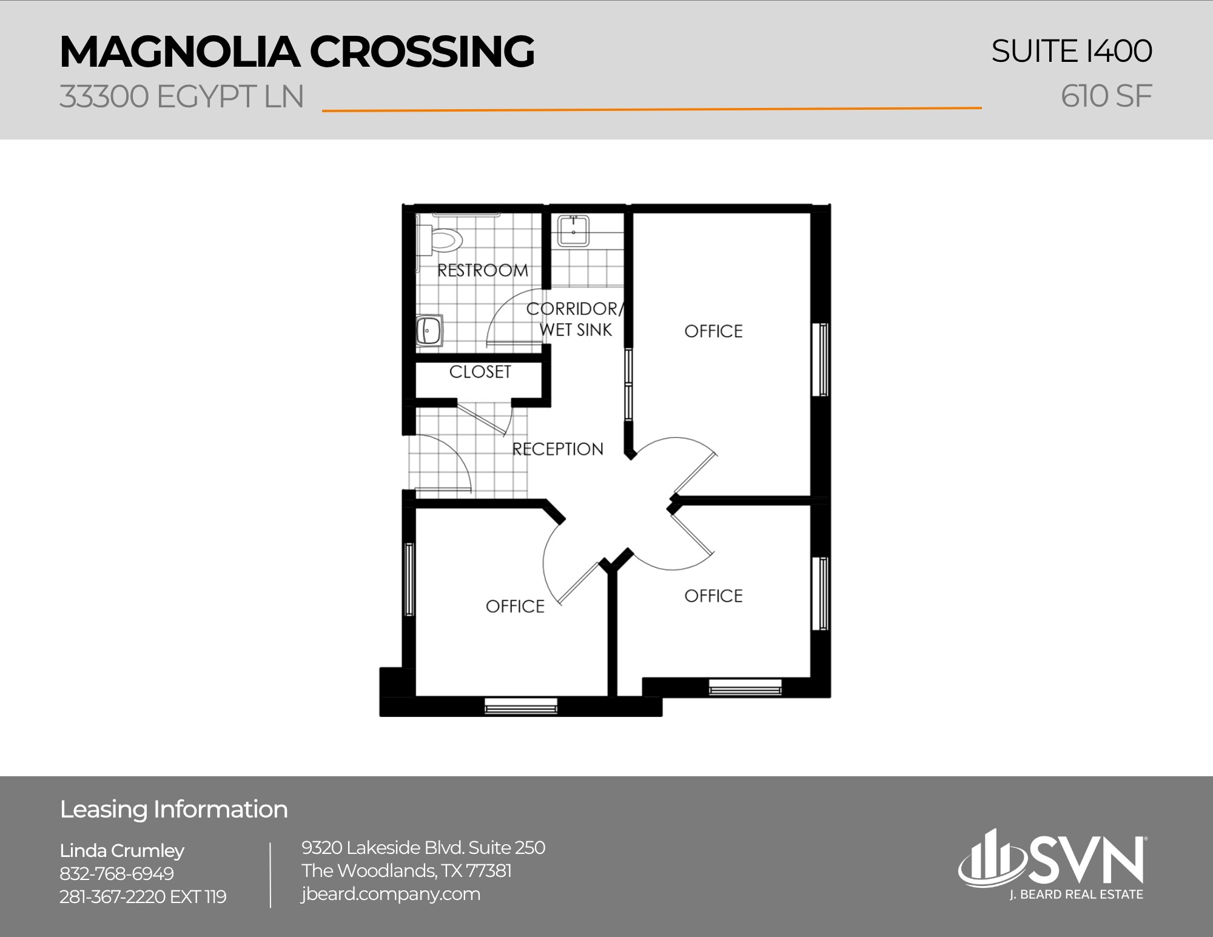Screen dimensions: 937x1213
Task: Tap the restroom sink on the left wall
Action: click(429, 331)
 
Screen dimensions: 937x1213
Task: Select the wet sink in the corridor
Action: click(573, 231)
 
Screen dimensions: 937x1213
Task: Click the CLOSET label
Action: click(480, 372)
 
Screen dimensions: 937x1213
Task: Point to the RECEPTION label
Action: click(557, 449)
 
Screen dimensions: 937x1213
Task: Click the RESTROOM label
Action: click(482, 270)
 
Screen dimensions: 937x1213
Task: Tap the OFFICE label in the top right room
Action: click(713, 331)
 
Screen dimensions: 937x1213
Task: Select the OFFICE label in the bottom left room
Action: click(515, 606)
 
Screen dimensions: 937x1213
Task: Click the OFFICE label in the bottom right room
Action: click(713, 596)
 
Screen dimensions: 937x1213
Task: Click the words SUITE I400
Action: click(1071, 51)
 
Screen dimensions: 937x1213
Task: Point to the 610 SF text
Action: click(1106, 96)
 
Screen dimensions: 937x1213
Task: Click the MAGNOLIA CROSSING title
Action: click(297, 52)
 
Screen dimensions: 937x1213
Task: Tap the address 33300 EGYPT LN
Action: click(181, 97)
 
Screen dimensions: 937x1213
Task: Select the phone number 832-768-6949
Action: click(116, 873)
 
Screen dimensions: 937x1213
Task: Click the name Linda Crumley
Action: click(122, 850)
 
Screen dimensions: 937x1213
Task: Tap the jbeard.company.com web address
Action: click(391, 894)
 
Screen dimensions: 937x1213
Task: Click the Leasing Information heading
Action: click(173, 810)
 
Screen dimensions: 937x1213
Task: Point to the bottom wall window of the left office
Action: click(520, 706)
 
